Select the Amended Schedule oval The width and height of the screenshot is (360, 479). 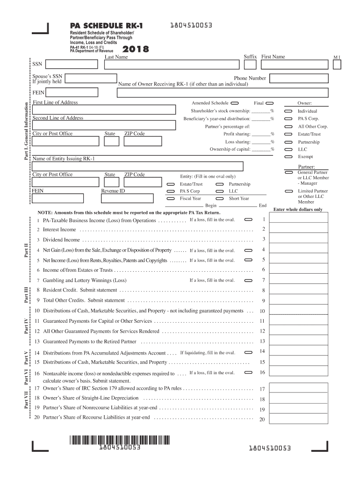pyautogui.click(x=235, y=103)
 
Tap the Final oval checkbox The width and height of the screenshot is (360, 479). pyautogui.click(x=269, y=103)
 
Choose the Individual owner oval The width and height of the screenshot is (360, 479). pyautogui.click(x=288, y=111)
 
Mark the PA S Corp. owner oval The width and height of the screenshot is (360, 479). pyautogui.click(x=288, y=119)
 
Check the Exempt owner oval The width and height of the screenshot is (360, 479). pyautogui.click(x=288, y=157)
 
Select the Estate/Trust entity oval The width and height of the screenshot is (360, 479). pyautogui.click(x=171, y=184)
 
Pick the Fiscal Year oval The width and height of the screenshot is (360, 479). pyautogui.click(x=171, y=198)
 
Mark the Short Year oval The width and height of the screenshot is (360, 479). pyautogui.click(x=219, y=198)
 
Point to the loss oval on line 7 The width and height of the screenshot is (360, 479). pyautogui.click(x=248, y=280)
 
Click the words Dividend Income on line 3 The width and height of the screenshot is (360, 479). pyautogui.click(x=61, y=240)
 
